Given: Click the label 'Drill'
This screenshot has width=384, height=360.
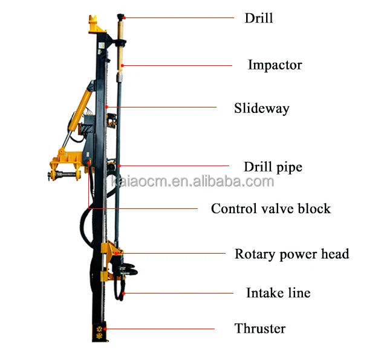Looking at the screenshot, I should [x=258, y=18].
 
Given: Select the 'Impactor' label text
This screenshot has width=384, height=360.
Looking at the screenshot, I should [x=275, y=65].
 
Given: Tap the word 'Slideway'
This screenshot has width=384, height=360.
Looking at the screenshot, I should [x=261, y=109].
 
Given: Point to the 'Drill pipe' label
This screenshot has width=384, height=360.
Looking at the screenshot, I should [x=272, y=167].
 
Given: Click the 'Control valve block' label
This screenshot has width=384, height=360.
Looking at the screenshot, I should [x=270, y=209].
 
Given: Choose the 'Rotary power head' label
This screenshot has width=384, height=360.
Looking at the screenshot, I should [x=291, y=254].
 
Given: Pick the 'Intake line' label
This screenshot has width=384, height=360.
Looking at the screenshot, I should [x=278, y=293].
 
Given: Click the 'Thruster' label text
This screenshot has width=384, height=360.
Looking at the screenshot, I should [x=259, y=329].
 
